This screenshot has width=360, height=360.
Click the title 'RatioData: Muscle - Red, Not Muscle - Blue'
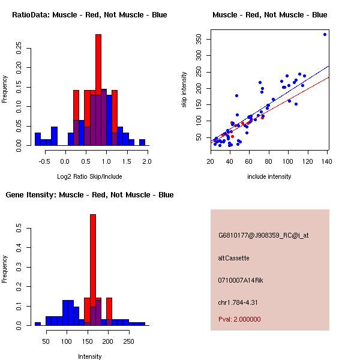(89, 15)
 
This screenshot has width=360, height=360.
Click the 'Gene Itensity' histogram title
(89, 195)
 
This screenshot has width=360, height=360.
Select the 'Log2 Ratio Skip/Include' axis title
(89, 176)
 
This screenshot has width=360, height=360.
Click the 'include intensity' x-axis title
(269, 176)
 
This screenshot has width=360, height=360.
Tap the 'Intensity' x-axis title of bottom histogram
(89, 356)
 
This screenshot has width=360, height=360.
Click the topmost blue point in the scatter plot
(325, 35)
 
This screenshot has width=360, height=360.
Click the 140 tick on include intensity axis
(328, 161)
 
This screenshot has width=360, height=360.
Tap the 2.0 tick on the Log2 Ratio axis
(146, 161)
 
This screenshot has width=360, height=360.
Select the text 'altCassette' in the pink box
(233, 258)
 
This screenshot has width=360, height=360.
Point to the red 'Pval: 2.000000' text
(239, 319)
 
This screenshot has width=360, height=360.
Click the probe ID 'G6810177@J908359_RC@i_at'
(263, 236)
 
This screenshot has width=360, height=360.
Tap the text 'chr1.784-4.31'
(238, 302)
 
